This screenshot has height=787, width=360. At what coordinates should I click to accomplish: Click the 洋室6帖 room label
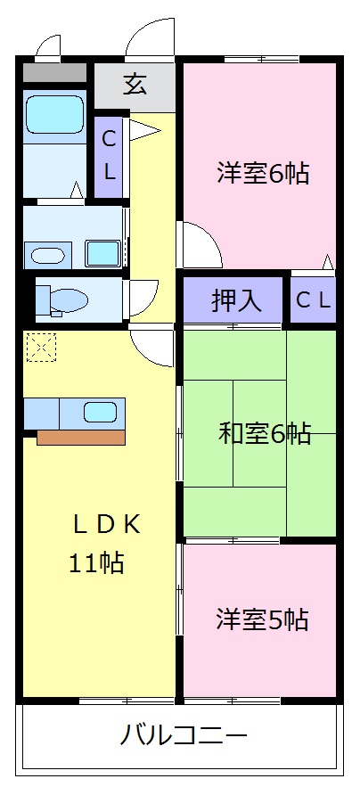pyautogui.click(x=262, y=173)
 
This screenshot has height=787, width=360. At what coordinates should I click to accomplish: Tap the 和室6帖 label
pyautogui.click(x=265, y=434)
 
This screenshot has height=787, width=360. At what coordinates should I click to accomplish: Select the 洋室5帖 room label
pyautogui.click(x=262, y=619)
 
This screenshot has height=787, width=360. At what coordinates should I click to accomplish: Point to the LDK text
pyautogui.click(x=107, y=524)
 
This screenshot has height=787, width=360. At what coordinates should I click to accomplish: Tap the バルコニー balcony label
pyautogui.click(x=184, y=736)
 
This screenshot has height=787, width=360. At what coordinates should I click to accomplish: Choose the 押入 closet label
pyautogui.click(x=235, y=301)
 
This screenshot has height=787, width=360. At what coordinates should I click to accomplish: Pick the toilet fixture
pyautogui.click(x=62, y=301)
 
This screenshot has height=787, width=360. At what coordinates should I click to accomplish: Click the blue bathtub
pyautogui.click(x=54, y=115)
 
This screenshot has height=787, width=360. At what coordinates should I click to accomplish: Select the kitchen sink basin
pyautogui.click(x=100, y=413)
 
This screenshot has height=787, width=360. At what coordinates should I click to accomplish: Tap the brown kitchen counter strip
pyautogui.click(x=80, y=437)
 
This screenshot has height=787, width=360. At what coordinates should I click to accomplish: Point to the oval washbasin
pyautogui.click(x=49, y=256)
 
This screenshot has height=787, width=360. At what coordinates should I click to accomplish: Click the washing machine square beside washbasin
pyautogui.click(x=103, y=253)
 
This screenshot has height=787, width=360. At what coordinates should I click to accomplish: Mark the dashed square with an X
pyautogui.click(x=40, y=347)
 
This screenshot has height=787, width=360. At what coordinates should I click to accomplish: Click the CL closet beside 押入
pyautogui.click(x=313, y=301)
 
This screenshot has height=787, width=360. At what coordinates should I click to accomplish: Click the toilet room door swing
pyautogui.click(x=145, y=294)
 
